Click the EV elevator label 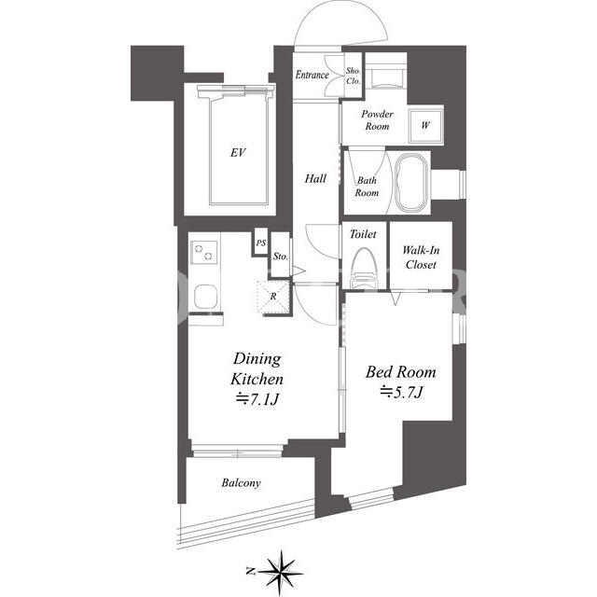click(x=238, y=153)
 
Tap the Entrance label click(x=312, y=75)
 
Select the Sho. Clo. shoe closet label click(x=354, y=76)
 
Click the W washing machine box click(x=425, y=125)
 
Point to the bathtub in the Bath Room click(x=411, y=183)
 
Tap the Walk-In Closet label click(x=421, y=257)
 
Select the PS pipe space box click(x=261, y=243)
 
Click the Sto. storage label click(x=281, y=257)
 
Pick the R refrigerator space click(x=273, y=297)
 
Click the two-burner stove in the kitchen click(x=204, y=252)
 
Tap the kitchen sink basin click(x=205, y=297)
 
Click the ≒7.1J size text click(x=257, y=399)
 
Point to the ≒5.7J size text click(x=401, y=392)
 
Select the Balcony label click(x=241, y=483)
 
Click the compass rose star click(x=281, y=572)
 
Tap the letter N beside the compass click(x=251, y=571)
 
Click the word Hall click(x=315, y=178)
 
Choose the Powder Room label click(x=377, y=120)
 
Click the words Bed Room click(x=401, y=372)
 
